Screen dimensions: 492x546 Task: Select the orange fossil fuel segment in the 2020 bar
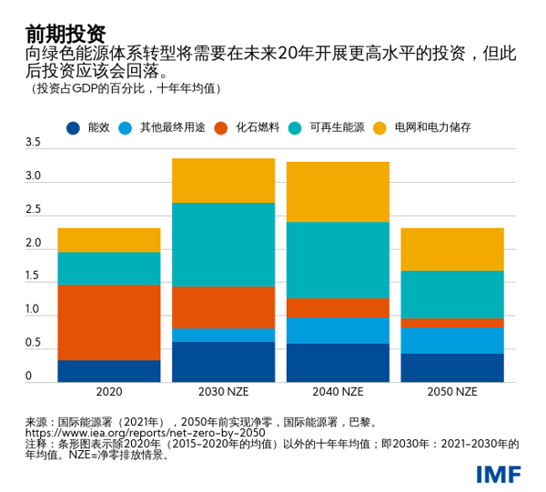click(x=108, y=322)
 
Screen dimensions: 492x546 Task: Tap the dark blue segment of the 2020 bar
click(x=108, y=371)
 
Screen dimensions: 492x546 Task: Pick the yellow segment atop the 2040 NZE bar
click(x=338, y=192)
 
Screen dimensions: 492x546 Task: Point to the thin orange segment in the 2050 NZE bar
click(x=452, y=323)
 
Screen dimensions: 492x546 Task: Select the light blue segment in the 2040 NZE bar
click(x=338, y=331)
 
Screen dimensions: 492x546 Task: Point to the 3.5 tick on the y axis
click(x=33, y=143)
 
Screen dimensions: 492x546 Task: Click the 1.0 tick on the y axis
click(x=33, y=310)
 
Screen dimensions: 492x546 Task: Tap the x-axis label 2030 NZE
click(x=223, y=392)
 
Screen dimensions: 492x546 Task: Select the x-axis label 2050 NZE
click(x=452, y=392)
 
